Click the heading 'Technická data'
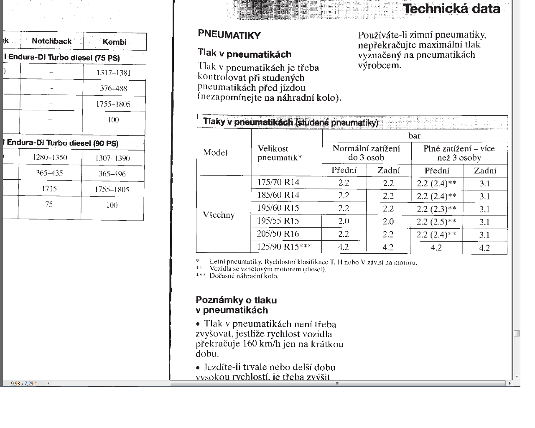451,9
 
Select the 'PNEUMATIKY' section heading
229,35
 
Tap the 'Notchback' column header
52,41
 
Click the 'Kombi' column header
114,42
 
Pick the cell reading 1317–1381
113,73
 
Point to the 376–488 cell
113,88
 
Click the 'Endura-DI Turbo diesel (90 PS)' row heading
63,143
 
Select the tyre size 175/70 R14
278,182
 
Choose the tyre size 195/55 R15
278,221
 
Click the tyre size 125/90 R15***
284,247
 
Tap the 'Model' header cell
215,152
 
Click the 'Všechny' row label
219,215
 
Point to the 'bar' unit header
414,136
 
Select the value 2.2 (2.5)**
436,222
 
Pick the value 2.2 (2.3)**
436,209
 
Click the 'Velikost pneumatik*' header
279,153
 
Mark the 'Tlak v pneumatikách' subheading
245,53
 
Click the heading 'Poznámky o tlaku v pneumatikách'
236,305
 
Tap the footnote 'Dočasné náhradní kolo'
244,276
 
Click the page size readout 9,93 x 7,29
23,383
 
